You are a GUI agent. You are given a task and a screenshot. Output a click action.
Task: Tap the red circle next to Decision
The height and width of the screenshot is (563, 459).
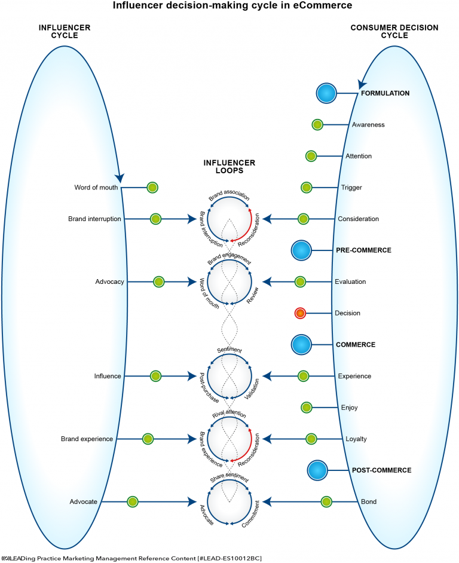pos(301,313)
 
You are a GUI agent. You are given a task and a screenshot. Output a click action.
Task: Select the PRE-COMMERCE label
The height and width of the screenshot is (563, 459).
pos(363,250)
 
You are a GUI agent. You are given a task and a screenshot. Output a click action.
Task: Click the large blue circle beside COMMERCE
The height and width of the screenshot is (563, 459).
pos(302,345)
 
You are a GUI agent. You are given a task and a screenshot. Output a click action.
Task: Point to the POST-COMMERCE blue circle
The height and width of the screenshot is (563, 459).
pos(318,470)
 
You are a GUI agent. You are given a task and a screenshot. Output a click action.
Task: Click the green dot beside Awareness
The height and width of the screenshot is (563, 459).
pos(317,125)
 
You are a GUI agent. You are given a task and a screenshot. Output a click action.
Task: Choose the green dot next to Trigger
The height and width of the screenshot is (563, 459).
pos(306,188)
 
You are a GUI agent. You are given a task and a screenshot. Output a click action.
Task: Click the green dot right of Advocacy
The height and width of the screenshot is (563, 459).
pos(158,281)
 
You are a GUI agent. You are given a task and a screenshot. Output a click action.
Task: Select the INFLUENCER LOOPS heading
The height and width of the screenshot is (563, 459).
pos(229,166)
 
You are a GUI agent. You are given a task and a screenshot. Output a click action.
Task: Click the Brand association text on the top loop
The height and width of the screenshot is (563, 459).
pos(229,197)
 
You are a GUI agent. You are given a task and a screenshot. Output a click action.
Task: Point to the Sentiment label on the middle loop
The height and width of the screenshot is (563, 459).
pos(229,349)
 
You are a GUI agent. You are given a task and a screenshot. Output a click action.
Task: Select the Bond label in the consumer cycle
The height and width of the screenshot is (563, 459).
pos(369,501)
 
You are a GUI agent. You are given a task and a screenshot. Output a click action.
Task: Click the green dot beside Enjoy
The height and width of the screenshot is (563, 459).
pos(307,408)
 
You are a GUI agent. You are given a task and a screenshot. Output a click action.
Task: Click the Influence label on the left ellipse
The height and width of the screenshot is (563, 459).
pos(108,376)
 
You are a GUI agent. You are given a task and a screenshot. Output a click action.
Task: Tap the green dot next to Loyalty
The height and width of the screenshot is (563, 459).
pos(311,439)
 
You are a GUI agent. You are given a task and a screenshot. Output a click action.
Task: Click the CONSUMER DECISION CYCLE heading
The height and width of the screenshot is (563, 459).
pos(394,32)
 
